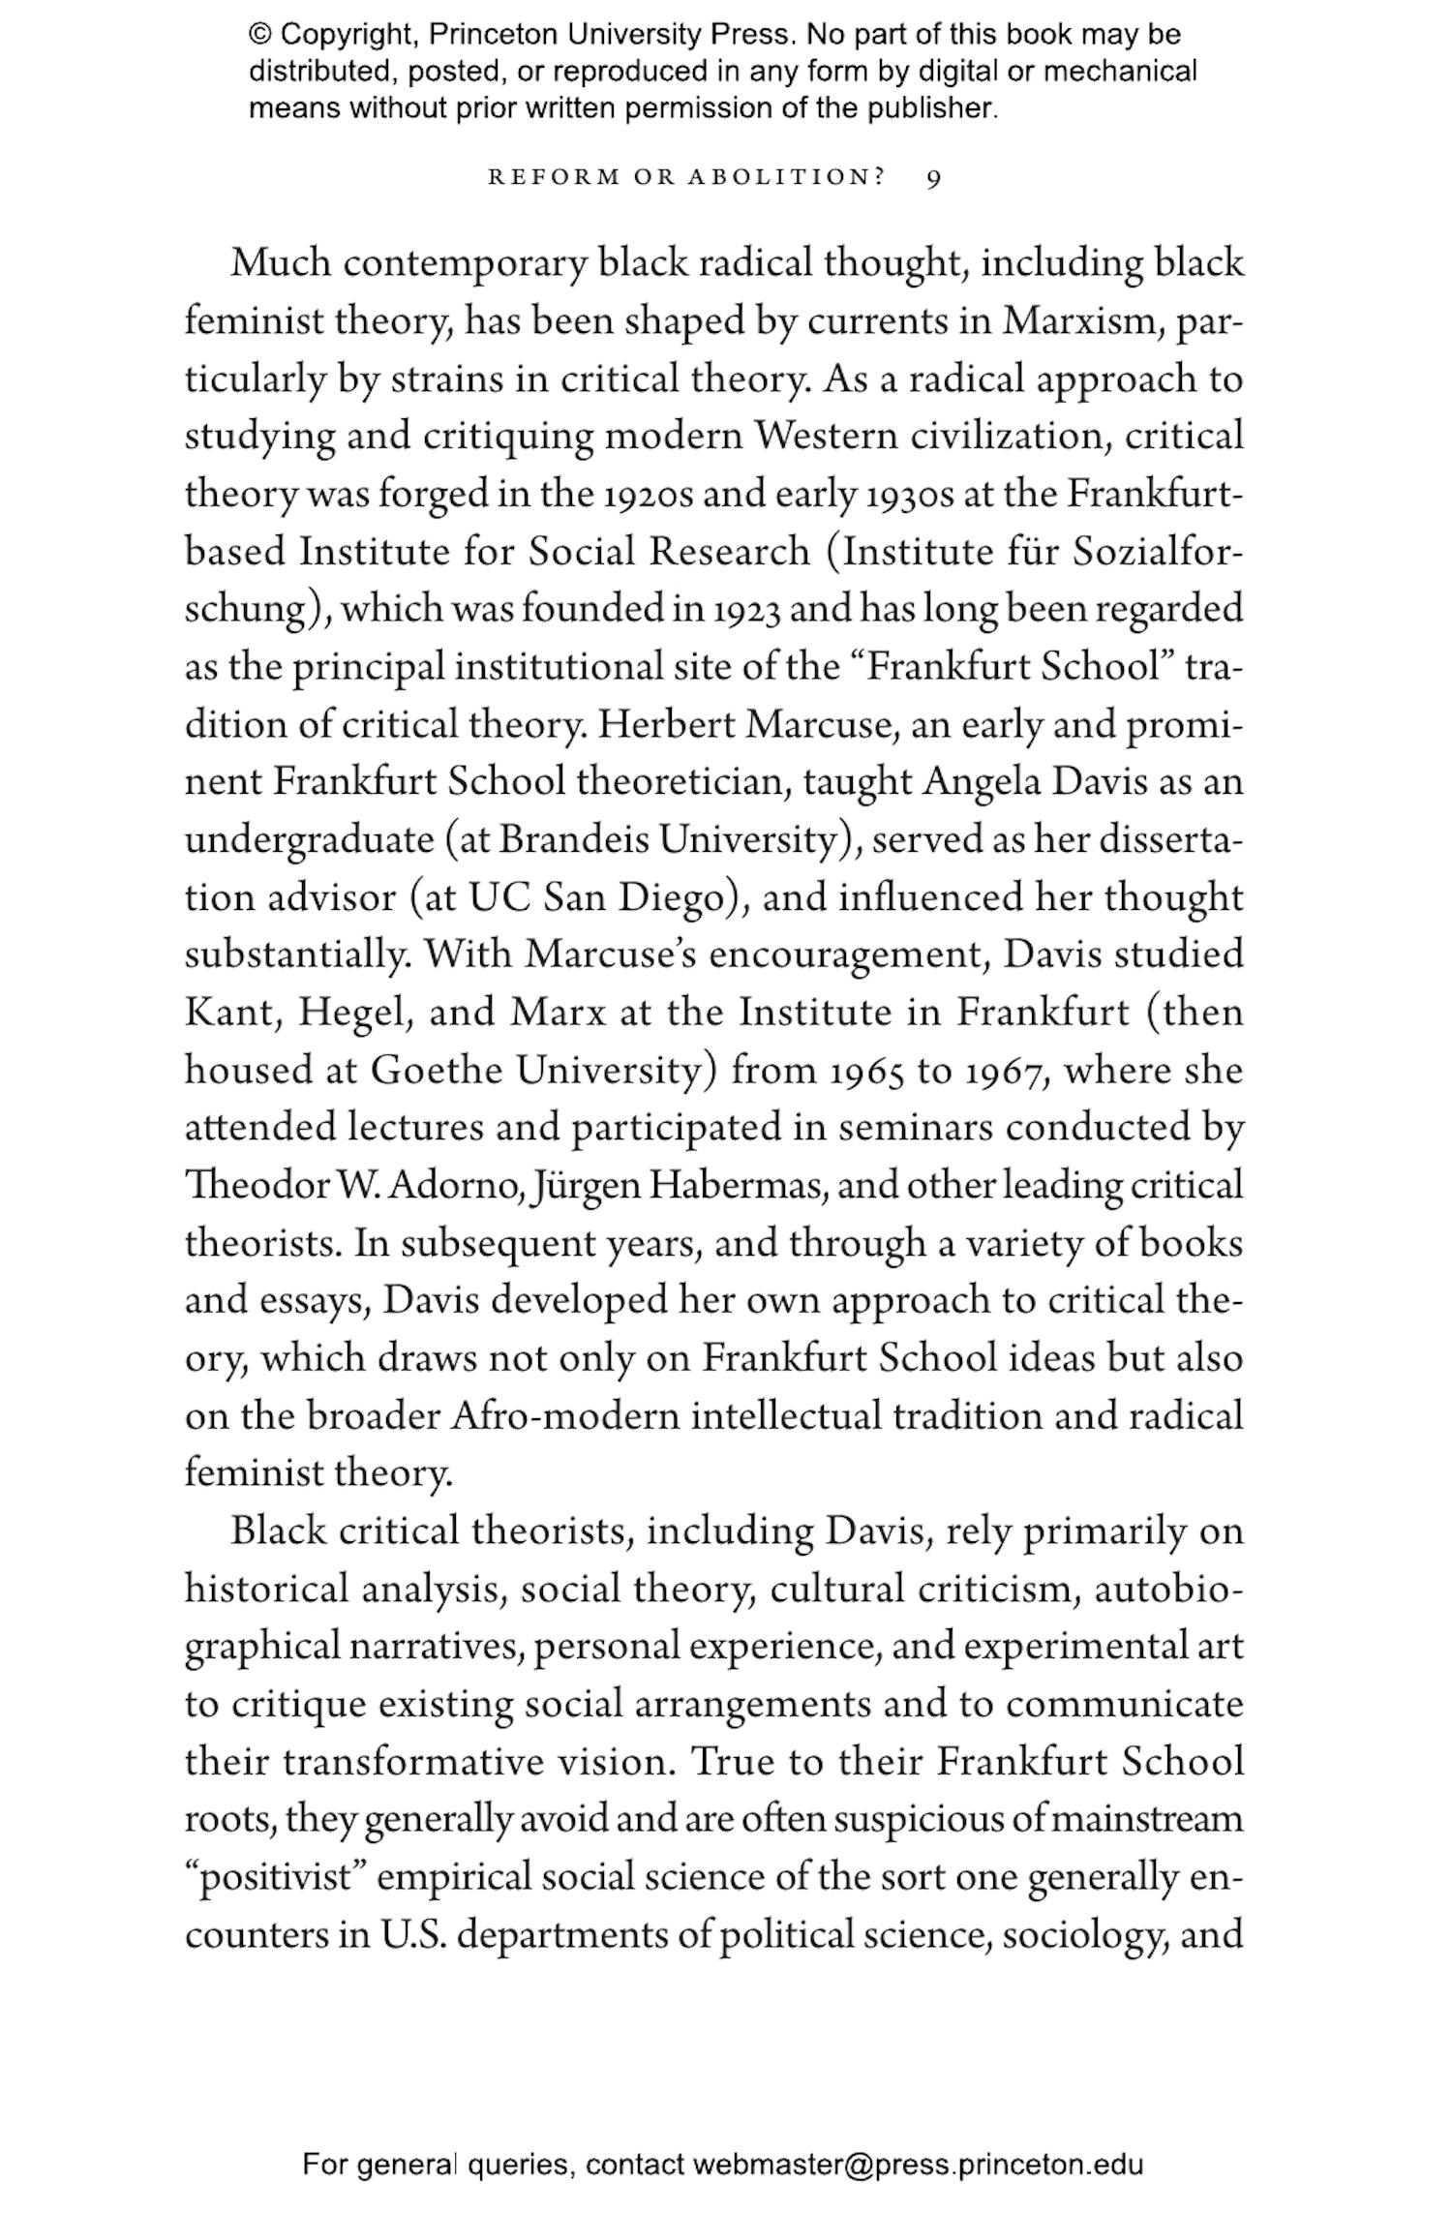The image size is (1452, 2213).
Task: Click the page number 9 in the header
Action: click(933, 179)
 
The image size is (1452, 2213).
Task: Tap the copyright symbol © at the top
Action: click(260, 36)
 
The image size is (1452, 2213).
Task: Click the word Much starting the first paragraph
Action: click(281, 264)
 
